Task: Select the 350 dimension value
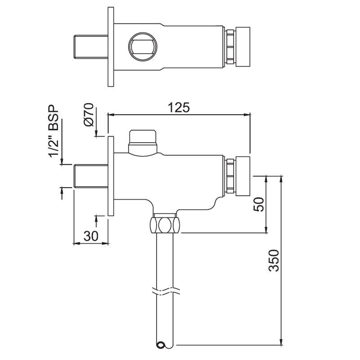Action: tap(274, 261)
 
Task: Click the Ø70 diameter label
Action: tap(89, 116)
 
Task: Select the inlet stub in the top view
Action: tap(90, 46)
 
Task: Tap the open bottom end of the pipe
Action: tap(161, 345)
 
